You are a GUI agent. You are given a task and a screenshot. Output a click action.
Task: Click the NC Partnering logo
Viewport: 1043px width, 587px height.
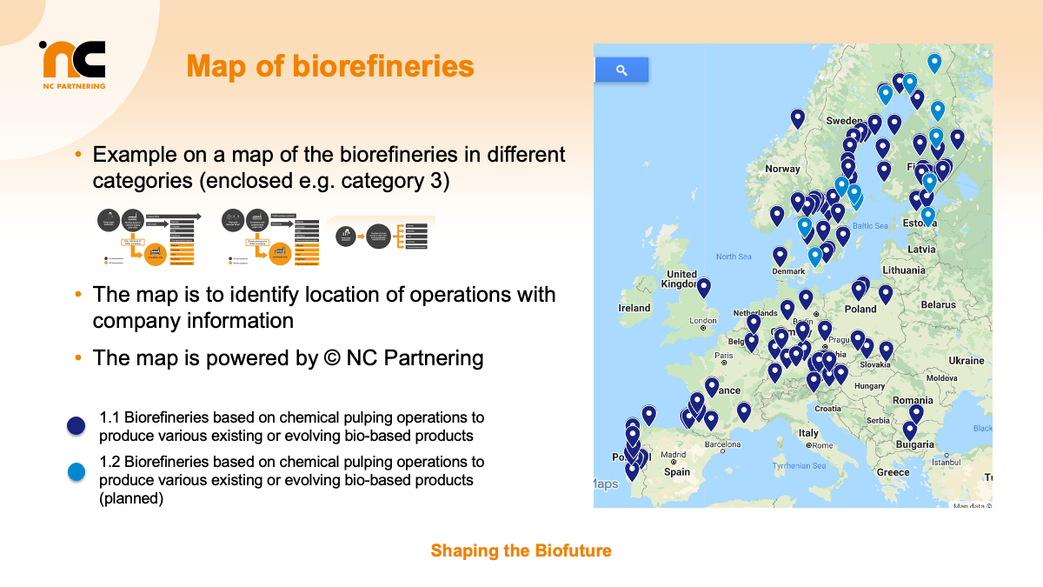(x=73, y=63)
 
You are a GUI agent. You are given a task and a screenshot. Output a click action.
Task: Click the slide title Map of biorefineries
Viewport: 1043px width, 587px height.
(x=330, y=67)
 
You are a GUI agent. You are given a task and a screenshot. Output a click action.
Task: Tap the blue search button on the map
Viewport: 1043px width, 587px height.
(x=621, y=70)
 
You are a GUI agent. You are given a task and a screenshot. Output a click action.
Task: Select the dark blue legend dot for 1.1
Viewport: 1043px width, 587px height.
(x=76, y=425)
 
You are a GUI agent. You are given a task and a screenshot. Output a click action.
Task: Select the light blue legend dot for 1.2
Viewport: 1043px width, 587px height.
(x=76, y=471)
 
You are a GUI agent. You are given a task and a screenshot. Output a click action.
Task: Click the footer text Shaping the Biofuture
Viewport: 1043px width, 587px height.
(x=521, y=550)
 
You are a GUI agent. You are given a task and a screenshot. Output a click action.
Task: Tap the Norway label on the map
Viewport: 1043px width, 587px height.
(x=782, y=169)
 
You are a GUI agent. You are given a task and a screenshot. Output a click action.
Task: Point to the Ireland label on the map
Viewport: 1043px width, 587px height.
(x=634, y=308)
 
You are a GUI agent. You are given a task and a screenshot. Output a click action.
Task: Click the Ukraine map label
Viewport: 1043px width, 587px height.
(x=967, y=360)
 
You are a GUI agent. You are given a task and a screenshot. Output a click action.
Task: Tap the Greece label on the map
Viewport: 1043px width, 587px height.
(x=893, y=472)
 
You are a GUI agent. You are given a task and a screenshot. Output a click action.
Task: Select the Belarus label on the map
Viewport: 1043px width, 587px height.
(x=938, y=304)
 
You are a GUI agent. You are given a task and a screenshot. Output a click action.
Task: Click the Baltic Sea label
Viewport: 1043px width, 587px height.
(x=869, y=226)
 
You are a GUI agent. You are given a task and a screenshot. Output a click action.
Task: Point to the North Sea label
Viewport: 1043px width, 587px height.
(x=733, y=257)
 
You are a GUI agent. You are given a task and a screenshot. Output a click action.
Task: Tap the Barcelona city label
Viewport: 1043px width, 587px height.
(x=722, y=444)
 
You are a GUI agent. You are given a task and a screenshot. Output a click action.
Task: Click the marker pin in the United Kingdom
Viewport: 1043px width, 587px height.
(x=703, y=286)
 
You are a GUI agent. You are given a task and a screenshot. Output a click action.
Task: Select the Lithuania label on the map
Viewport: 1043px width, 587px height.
(x=904, y=270)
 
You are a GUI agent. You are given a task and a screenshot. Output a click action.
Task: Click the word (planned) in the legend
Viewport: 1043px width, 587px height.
(x=131, y=499)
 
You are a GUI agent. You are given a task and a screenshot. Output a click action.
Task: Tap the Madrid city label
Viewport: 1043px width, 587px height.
(x=673, y=455)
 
